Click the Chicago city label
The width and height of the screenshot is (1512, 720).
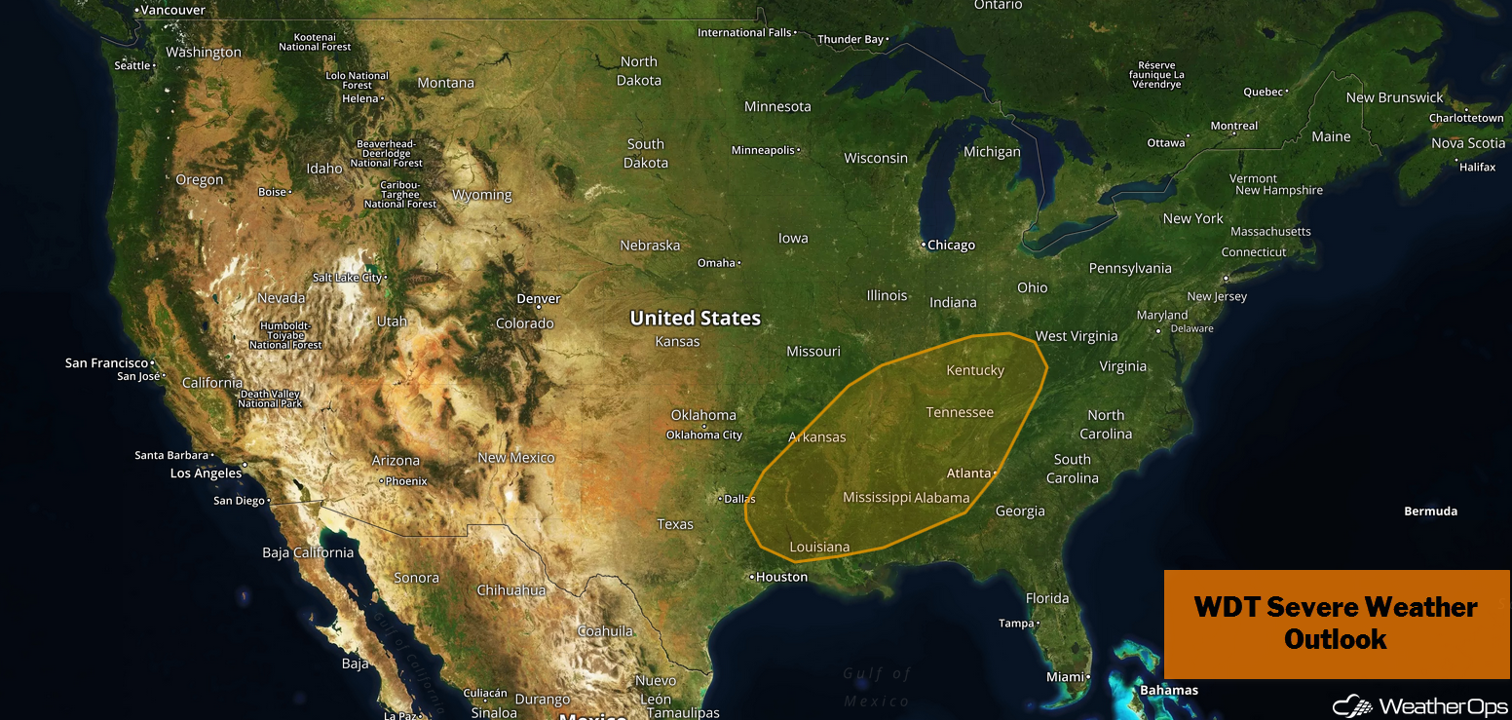coord(951,245)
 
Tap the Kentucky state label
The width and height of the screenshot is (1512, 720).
coord(975,370)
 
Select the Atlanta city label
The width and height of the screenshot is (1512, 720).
coord(969,474)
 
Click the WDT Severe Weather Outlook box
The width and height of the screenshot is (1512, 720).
coord(1336,624)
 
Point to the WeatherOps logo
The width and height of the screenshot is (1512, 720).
coord(1420,704)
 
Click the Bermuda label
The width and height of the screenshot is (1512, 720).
coord(1430,512)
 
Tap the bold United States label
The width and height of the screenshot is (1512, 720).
coord(695,318)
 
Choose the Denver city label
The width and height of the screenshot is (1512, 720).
coord(539,298)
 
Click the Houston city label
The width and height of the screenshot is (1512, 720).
coord(781,577)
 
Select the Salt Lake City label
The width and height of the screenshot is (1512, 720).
coord(348,278)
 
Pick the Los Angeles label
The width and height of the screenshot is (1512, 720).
coord(206,474)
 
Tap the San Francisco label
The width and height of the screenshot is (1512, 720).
coord(106,362)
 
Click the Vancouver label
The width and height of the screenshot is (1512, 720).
coord(172,10)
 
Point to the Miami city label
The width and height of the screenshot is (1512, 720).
coord(1065,676)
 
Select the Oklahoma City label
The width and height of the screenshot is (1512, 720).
coord(704,435)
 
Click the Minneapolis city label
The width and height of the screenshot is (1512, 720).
coord(764,150)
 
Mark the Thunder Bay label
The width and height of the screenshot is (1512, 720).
coord(850,40)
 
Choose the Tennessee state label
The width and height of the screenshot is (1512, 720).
coord(960,412)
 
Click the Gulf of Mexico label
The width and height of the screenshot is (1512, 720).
coord(877,687)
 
